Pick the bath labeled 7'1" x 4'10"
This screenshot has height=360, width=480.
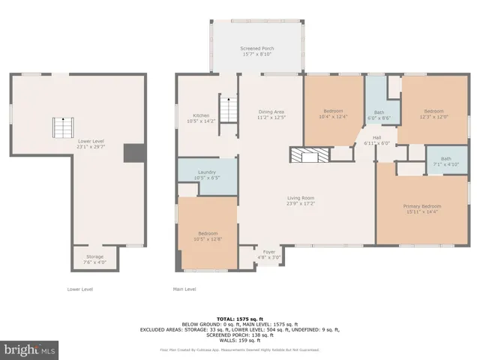click(446, 160)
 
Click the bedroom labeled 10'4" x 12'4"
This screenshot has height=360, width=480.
click(333, 113)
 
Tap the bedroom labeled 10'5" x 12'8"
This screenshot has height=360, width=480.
click(207, 235)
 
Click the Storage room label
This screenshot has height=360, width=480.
click(94, 259)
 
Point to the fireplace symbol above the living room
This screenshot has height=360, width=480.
click(309, 155)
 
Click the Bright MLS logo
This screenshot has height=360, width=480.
click(29, 349)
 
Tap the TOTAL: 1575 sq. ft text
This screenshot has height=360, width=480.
click(239, 318)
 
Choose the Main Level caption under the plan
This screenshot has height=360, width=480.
click(184, 289)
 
